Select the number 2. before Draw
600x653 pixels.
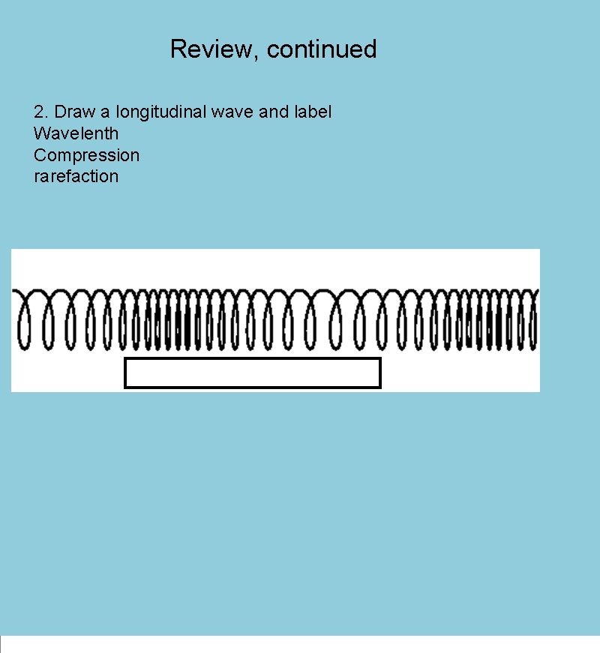[x=41, y=112]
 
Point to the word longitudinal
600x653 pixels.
[x=160, y=113]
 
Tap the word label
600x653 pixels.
[x=312, y=112]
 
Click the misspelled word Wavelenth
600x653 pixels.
[x=76, y=134]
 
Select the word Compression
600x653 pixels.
[x=86, y=156]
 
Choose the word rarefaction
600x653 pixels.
[x=76, y=177]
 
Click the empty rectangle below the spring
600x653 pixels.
[x=253, y=373]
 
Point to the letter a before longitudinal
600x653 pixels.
[x=105, y=113]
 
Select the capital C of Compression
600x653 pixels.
[x=40, y=156]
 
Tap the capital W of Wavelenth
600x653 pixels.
[x=41, y=134]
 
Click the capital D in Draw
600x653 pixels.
[x=61, y=112]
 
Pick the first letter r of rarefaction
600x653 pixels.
[x=37, y=178]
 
